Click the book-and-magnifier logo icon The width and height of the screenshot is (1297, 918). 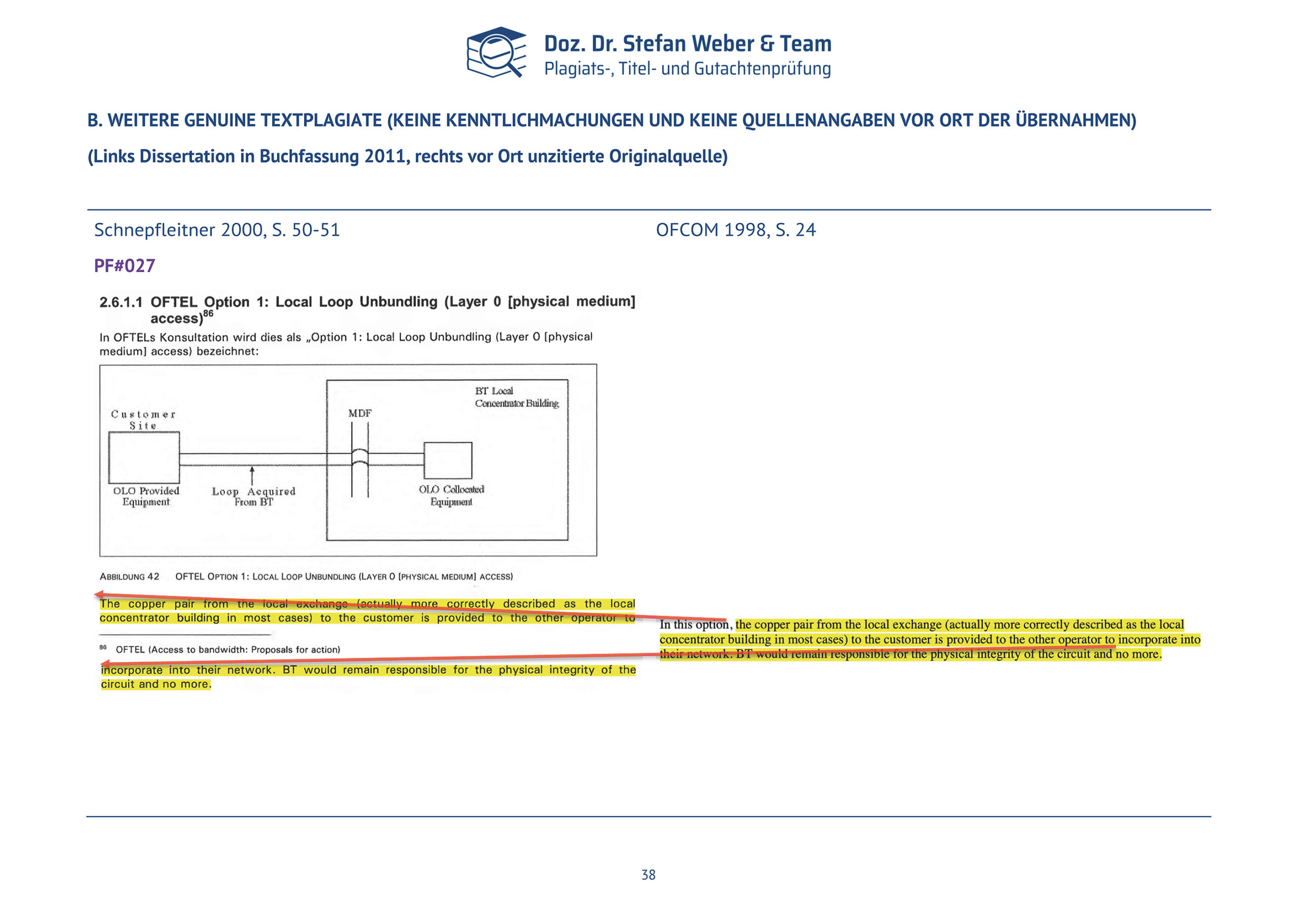coord(495,52)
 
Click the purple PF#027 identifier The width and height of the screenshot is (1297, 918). coord(124,266)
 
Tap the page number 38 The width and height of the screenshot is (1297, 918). coord(648,874)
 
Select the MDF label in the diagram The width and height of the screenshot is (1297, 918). coord(360,413)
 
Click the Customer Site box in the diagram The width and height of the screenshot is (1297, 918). coord(144,457)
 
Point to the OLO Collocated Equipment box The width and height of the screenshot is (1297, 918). coord(447,461)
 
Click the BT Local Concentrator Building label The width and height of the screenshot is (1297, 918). coord(516,397)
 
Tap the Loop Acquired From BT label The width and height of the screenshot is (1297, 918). coord(254,496)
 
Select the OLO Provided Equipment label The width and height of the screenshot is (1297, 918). coord(146,496)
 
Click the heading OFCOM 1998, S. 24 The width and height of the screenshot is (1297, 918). coord(736,230)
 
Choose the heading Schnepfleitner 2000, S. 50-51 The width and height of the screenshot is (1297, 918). coord(217,230)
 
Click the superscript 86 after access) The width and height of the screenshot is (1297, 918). coord(208,313)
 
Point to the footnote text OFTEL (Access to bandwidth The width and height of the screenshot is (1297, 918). coord(227,649)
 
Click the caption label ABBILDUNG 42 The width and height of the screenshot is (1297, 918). coord(129,576)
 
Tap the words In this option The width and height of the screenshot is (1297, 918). coord(695,625)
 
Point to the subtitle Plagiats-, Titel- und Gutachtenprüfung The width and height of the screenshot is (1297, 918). coord(687,68)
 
